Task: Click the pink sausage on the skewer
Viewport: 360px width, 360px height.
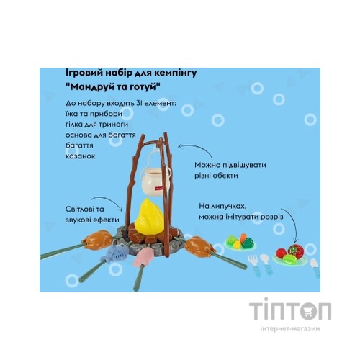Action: point(143,257)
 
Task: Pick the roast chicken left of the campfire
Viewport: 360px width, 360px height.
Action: point(98,240)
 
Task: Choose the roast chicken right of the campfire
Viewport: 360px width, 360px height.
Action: point(199,247)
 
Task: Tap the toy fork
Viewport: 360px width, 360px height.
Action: point(253,265)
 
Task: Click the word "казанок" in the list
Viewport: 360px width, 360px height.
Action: point(81,156)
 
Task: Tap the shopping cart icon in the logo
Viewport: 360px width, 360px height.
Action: point(309,311)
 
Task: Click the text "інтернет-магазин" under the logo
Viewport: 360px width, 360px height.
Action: point(290,328)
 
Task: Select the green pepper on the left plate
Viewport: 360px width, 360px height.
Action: point(248,243)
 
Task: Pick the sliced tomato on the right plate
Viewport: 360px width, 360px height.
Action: point(296,251)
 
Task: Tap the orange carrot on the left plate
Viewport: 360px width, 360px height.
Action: point(243,237)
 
